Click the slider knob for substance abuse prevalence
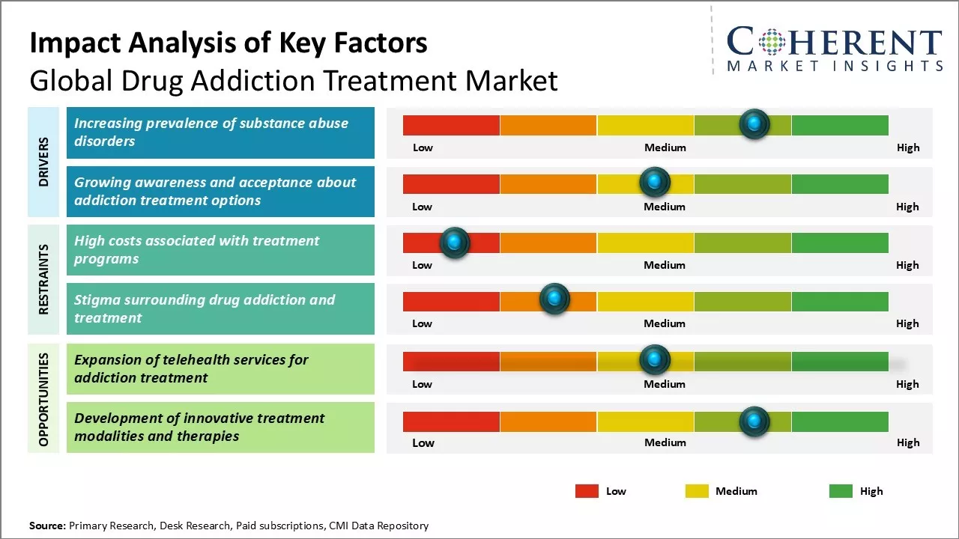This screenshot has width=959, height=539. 754,124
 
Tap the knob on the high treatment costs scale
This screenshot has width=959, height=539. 454,242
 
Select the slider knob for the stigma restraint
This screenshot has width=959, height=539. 554,299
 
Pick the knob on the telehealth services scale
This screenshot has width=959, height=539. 655,360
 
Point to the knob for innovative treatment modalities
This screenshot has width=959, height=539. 754,421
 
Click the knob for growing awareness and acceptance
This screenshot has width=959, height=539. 655,182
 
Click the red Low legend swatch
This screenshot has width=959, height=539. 587,491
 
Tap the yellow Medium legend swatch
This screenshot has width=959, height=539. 697,491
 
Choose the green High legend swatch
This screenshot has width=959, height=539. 841,491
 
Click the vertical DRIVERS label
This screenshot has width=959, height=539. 43,162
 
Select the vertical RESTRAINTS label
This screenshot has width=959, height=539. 43,278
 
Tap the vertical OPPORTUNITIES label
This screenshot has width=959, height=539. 43,399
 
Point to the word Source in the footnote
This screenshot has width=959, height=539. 47,526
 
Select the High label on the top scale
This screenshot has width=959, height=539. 907,147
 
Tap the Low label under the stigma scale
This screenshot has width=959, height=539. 422,323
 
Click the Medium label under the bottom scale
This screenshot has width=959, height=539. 665,442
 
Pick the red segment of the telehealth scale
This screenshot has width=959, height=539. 451,361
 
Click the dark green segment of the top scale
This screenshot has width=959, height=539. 839,125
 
